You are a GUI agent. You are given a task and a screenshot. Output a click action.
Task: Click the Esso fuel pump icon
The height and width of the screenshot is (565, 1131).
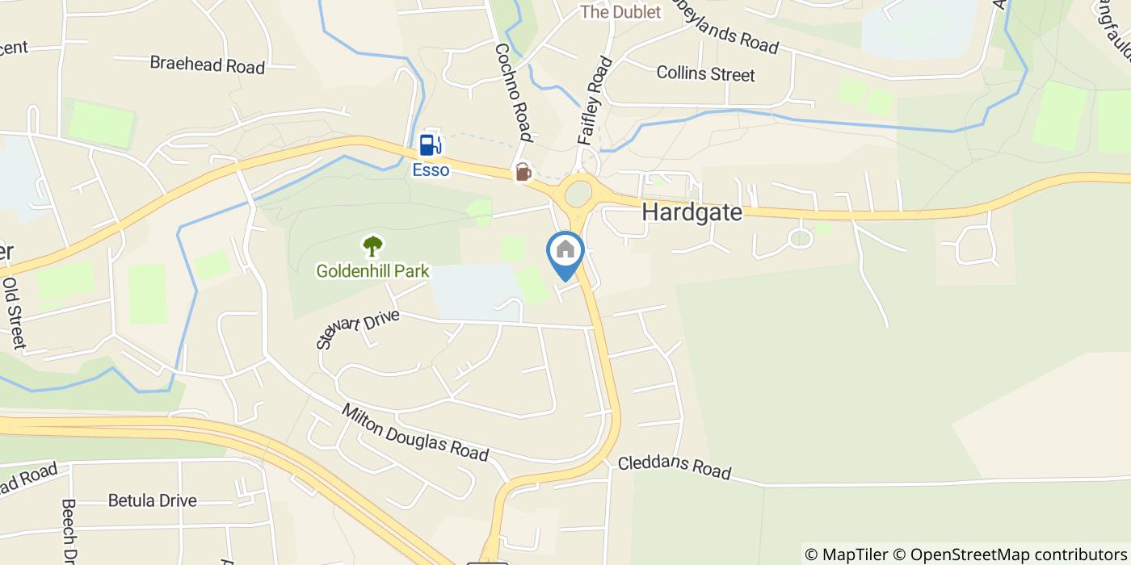(x=430, y=144)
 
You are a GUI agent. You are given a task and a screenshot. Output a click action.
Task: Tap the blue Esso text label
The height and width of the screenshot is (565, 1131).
(x=431, y=170)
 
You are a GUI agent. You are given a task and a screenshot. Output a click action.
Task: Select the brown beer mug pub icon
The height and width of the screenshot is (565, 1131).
(x=523, y=172)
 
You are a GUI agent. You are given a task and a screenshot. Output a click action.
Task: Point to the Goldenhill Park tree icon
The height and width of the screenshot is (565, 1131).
(x=372, y=245)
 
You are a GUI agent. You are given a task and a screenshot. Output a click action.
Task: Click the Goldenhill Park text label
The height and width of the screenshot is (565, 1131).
(x=372, y=271)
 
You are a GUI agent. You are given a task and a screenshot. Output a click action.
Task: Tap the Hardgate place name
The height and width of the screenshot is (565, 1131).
(x=692, y=212)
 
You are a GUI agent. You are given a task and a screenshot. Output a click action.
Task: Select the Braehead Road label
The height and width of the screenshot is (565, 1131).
(x=208, y=65)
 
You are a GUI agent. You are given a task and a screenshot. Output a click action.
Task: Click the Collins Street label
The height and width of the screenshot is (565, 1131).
(x=705, y=73)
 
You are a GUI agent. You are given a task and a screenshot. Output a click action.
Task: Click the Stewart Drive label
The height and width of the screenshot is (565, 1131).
(x=358, y=329)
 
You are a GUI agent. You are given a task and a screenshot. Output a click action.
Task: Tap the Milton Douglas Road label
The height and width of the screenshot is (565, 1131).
(x=415, y=433)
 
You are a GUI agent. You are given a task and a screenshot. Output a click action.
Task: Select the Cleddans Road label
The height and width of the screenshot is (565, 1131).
(x=675, y=467)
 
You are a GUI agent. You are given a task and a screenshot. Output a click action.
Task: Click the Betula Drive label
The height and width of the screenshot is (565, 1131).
(x=152, y=500)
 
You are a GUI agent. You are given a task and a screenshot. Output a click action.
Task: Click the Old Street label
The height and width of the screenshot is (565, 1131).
(x=15, y=313)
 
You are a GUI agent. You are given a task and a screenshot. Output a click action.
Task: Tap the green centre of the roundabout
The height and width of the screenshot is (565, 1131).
(x=578, y=194)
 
